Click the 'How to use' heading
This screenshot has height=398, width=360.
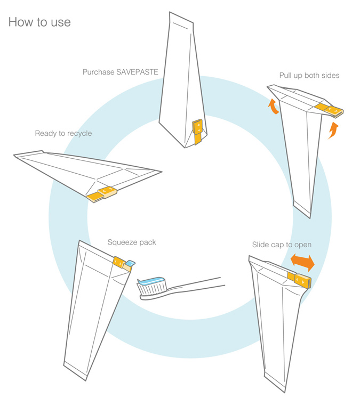pyautogui.click(x=39, y=22)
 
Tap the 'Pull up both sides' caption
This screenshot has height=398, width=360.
pyautogui.click(x=309, y=75)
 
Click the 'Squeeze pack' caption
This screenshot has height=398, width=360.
pyautogui.click(x=132, y=242)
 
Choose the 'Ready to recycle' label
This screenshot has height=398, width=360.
pyautogui.click(x=63, y=133)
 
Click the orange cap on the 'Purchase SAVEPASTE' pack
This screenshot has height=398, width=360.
pyautogui.click(x=198, y=129)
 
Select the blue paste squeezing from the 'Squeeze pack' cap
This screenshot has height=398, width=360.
pyautogui.click(x=131, y=262)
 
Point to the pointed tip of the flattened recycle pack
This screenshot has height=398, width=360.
pyautogui.click(x=161, y=172)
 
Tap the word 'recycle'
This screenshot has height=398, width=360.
pyautogui.click(x=79, y=133)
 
